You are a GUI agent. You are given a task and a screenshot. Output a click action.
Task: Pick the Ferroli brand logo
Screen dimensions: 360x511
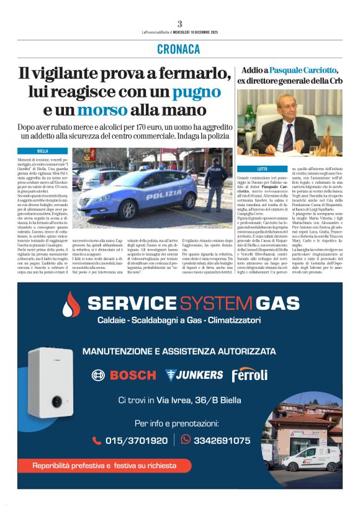250,375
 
